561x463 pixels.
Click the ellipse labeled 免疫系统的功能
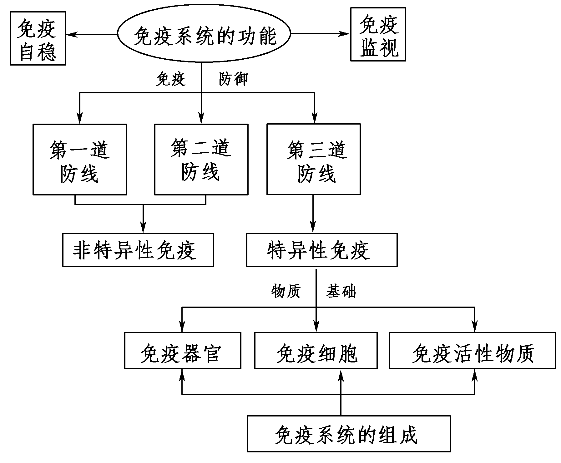(x=204, y=34)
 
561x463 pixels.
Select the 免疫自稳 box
(x=38, y=38)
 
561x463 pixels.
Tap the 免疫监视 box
(x=378, y=34)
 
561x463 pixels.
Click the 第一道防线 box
(x=80, y=160)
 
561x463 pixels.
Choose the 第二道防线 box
(x=201, y=160)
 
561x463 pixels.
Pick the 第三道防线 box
(x=313, y=160)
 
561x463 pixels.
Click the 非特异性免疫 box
(x=138, y=250)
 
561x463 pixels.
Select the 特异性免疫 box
(x=321, y=250)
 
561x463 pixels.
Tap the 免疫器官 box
(x=183, y=351)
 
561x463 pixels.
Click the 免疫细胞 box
(x=316, y=351)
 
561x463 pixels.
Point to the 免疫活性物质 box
(x=472, y=351)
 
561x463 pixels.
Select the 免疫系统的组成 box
(x=348, y=434)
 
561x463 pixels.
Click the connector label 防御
(x=233, y=79)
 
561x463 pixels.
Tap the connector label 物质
(x=286, y=291)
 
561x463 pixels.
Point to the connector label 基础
(x=341, y=291)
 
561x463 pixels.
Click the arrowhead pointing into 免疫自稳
(x=71, y=34)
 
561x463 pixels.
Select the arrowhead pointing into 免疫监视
(x=345, y=34)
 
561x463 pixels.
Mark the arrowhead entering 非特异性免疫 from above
(x=143, y=229)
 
